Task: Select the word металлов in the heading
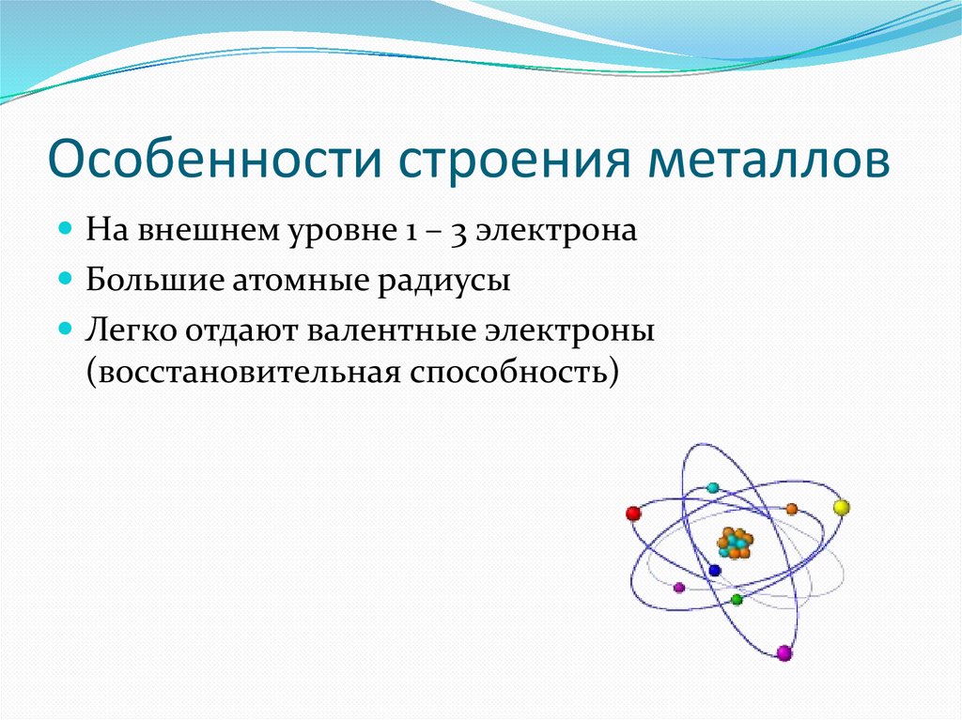pyautogui.click(x=768, y=161)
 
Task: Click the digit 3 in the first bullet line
pyautogui.click(x=458, y=233)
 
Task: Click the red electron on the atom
pyautogui.click(x=633, y=513)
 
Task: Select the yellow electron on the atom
pyautogui.click(x=841, y=507)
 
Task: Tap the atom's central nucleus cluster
pyautogui.click(x=735, y=543)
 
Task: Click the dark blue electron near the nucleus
pyautogui.click(x=714, y=571)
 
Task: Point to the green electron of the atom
pyautogui.click(x=737, y=599)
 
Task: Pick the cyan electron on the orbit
pyautogui.click(x=712, y=488)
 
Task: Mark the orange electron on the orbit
pyautogui.click(x=791, y=509)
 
